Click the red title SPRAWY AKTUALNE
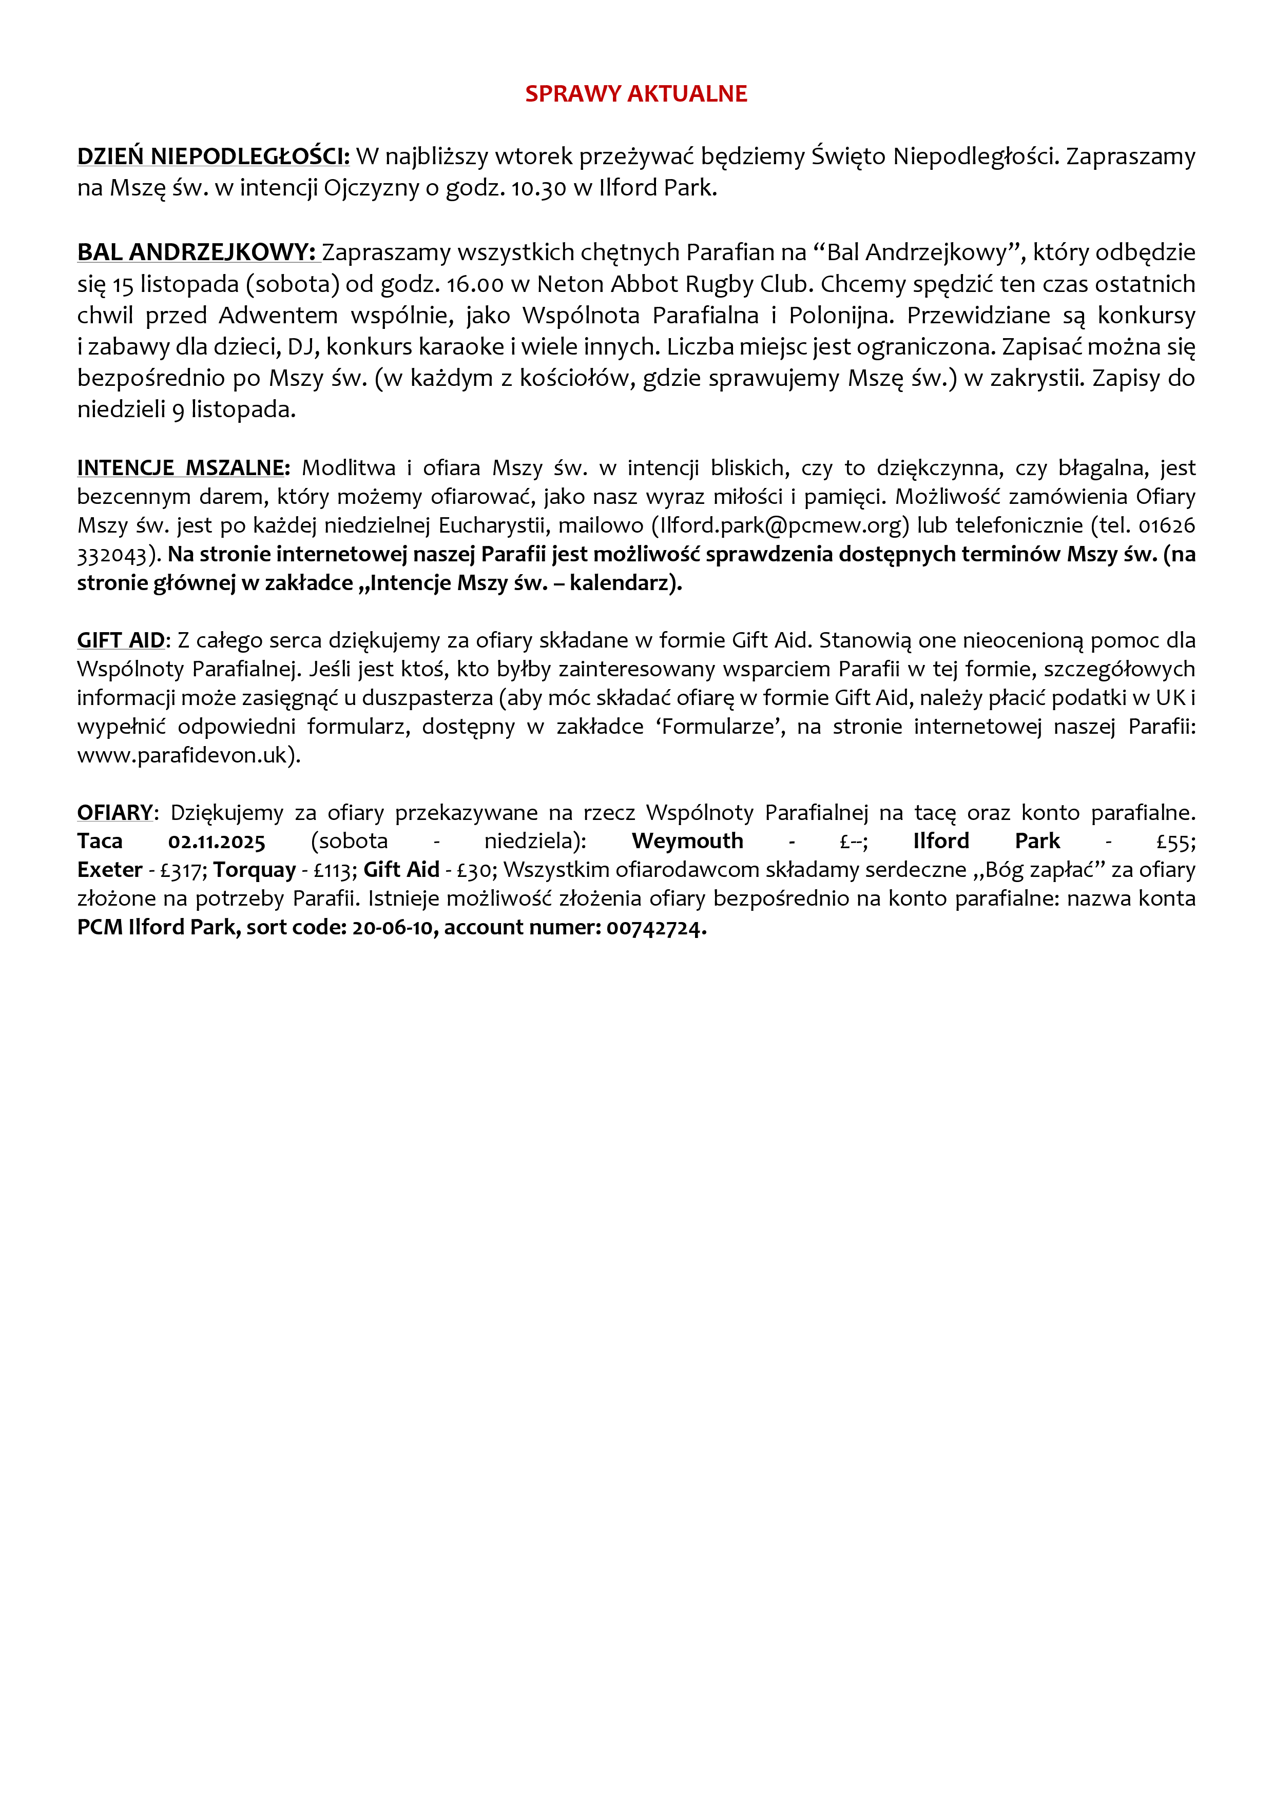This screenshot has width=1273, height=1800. coord(635,94)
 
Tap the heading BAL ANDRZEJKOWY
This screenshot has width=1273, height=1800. coord(196,252)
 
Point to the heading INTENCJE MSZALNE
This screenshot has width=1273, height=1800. coord(183,468)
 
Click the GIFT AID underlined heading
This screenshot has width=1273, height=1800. coord(121,640)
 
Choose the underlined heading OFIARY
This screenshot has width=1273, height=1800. coord(115,813)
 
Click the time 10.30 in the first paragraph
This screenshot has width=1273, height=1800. coord(539,189)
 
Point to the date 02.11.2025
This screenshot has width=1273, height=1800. coord(217,842)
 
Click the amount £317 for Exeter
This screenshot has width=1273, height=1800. coord(182,870)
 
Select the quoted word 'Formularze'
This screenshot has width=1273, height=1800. coord(723,727)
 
